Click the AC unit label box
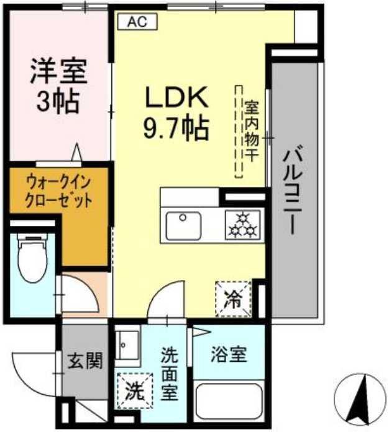point(137,21)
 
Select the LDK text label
point(175,98)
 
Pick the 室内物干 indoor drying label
point(251,132)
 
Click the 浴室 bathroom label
point(230,355)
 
